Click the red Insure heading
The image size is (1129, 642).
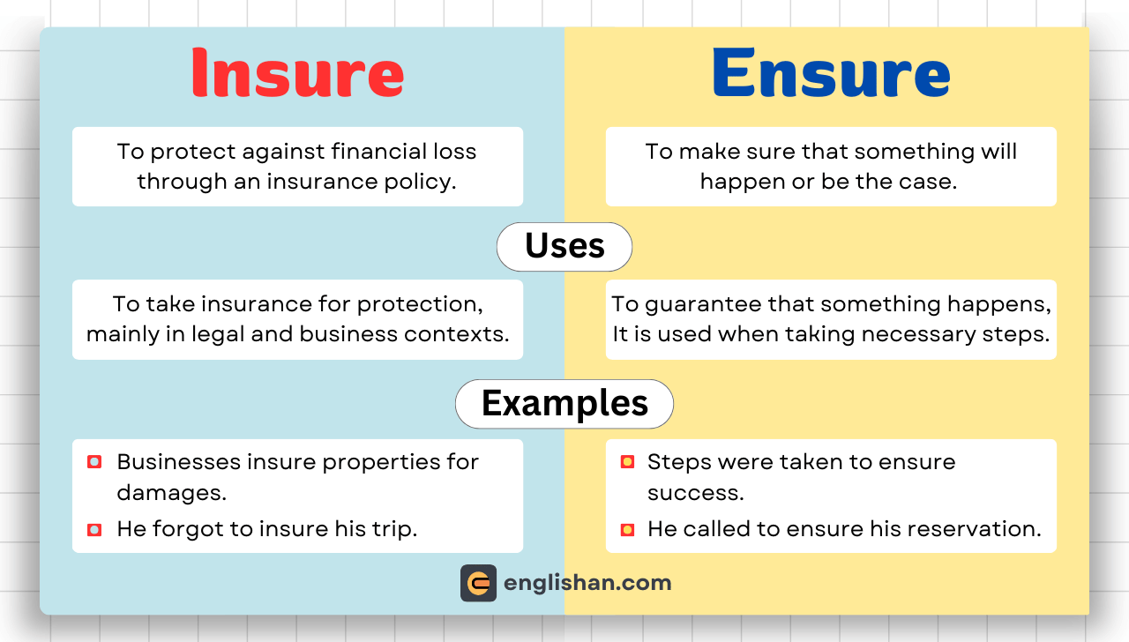point(297,72)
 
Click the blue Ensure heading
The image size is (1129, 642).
point(830,72)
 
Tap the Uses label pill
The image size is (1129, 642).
point(564,246)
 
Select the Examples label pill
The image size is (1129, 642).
point(564,404)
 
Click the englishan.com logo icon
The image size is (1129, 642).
point(478,583)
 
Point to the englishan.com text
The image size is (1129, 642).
point(587,583)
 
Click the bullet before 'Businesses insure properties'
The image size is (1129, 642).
point(94,462)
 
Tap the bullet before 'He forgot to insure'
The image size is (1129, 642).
point(94,530)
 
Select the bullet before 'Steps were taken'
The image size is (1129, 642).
point(627,462)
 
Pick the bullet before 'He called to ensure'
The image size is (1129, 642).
point(627,530)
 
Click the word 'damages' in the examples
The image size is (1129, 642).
point(170,493)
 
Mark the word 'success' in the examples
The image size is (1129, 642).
point(695,493)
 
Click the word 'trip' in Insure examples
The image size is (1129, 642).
point(394,530)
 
